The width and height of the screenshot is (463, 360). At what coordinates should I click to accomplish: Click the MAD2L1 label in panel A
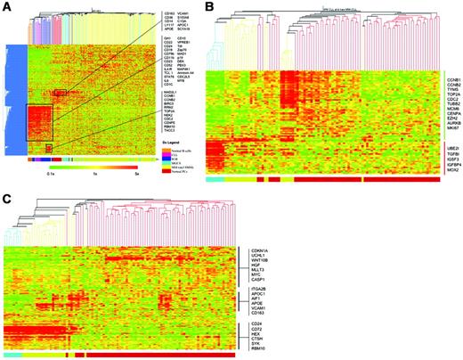[x=170, y=92]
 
